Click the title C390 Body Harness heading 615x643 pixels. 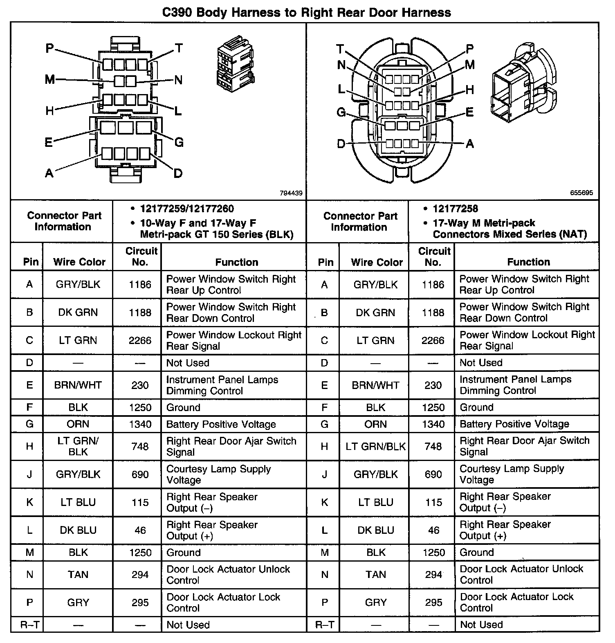point(307,12)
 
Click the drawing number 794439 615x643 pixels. point(291,193)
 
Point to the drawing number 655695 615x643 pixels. point(581,193)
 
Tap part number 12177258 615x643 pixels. point(455,209)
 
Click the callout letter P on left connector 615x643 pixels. point(49,49)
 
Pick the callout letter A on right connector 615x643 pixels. point(469,144)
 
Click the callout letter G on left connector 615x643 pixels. point(179,142)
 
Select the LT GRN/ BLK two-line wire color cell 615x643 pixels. point(78,446)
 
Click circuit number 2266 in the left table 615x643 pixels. point(140,340)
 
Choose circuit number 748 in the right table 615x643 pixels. point(433,446)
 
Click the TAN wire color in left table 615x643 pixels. point(78,575)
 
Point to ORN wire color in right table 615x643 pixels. point(375,424)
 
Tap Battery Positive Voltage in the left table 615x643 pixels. point(221,424)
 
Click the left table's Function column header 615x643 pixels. point(236,262)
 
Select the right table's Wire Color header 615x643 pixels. point(377,262)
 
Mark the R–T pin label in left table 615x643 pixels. point(29,625)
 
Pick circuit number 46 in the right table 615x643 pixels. point(433,530)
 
